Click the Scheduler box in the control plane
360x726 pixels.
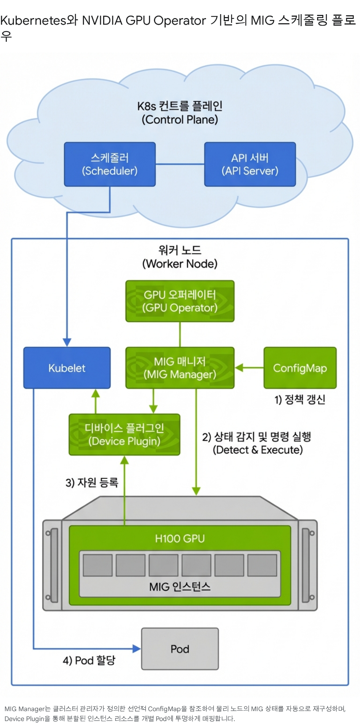coord(110,164)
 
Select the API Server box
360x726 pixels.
coord(250,164)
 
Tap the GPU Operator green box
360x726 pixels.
coord(180,301)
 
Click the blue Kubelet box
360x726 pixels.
coord(67,368)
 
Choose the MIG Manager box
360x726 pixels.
coord(180,368)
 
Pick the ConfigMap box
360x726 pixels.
coord(300,368)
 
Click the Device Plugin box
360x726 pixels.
coord(124,435)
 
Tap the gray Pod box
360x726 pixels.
coord(180,649)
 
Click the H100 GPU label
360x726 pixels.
coord(180,539)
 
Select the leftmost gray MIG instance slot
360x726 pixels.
coord(98,565)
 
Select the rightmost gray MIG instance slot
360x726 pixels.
coord(262,565)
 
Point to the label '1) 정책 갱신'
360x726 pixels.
coord(300,399)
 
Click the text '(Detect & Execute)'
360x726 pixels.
coord(258,450)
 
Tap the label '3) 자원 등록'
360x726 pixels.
coord(92,482)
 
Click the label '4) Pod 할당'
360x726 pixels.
coord(89,660)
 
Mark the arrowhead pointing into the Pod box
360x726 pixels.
coord(137,649)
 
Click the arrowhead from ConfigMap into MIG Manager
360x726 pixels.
coord(239,368)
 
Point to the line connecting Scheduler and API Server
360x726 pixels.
coord(180,164)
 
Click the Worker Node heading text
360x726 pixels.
coord(180,257)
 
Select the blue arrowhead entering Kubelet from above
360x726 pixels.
coord(67,342)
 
